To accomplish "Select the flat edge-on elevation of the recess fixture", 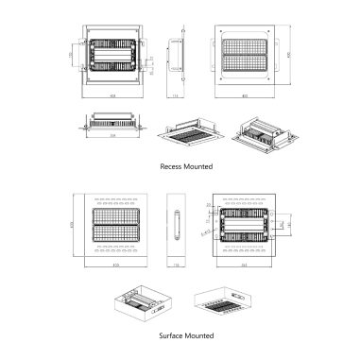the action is pos(114,123).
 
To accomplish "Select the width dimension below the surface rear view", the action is pos(245,266).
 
